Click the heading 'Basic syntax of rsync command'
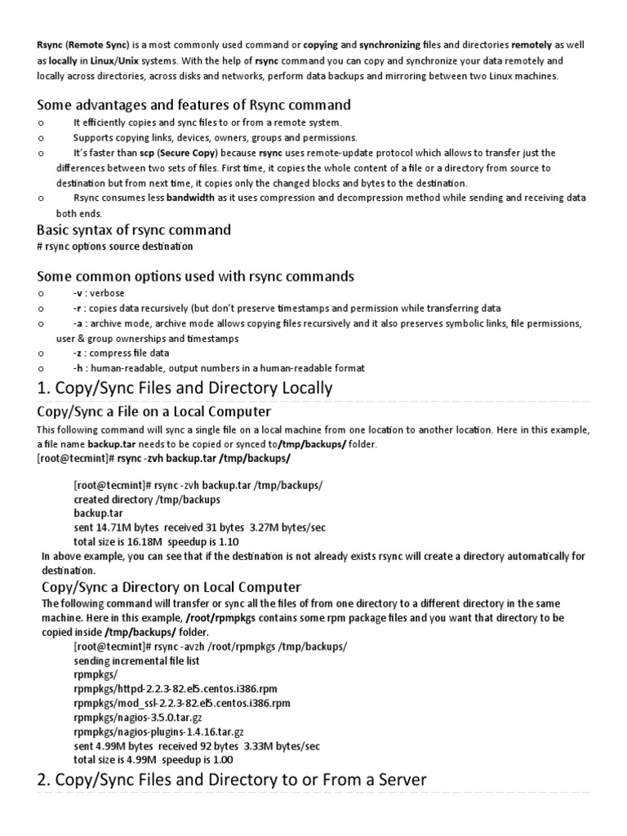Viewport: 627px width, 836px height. (134, 229)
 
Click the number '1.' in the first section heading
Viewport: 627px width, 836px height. (44, 388)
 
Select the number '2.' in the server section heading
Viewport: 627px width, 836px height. (45, 780)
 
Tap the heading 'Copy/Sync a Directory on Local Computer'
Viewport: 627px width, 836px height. (171, 587)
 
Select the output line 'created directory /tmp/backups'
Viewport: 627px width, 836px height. (147, 499)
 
